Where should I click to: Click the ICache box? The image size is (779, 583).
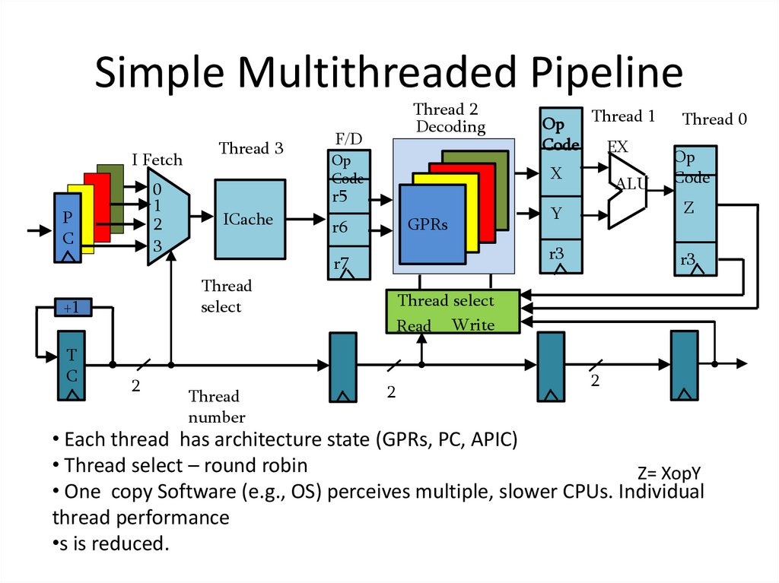[250, 219]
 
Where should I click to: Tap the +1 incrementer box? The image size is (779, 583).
[74, 308]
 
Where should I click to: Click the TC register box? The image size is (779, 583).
[73, 365]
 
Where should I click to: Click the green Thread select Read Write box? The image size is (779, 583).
[452, 312]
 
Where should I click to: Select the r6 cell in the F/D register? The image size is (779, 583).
[348, 227]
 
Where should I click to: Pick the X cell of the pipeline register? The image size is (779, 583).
[561, 174]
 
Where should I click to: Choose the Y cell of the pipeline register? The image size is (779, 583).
[561, 214]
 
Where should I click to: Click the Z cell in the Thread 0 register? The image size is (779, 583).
[694, 208]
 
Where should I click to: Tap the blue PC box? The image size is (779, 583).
[68, 228]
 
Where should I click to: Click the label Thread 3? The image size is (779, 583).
[251, 148]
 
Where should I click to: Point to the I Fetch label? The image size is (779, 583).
[157, 160]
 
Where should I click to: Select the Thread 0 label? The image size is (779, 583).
[714, 119]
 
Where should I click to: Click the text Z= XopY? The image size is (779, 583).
[669, 472]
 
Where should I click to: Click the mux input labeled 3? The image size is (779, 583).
[157, 246]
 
